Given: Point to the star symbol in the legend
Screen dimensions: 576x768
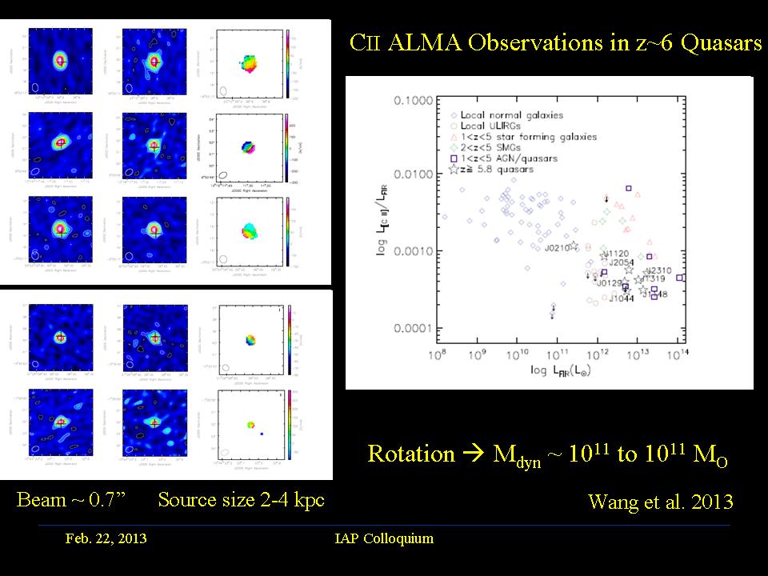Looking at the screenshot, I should (x=454, y=170).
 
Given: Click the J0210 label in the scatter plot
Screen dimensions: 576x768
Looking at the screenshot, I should (x=558, y=248).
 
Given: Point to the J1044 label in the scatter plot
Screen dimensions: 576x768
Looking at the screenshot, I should (x=622, y=298).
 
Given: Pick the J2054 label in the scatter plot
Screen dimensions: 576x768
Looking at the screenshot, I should (x=622, y=262).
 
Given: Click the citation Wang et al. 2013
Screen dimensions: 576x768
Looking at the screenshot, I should (x=660, y=502).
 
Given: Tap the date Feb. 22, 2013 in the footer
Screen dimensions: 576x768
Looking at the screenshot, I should (x=106, y=538).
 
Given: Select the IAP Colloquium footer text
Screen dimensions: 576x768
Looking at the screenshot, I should (x=384, y=538).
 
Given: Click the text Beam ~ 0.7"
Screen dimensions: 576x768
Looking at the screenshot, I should (x=73, y=501).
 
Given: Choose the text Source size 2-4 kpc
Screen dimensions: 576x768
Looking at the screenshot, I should (x=241, y=501).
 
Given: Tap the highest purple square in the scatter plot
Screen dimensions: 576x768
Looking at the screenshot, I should (x=629, y=189).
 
